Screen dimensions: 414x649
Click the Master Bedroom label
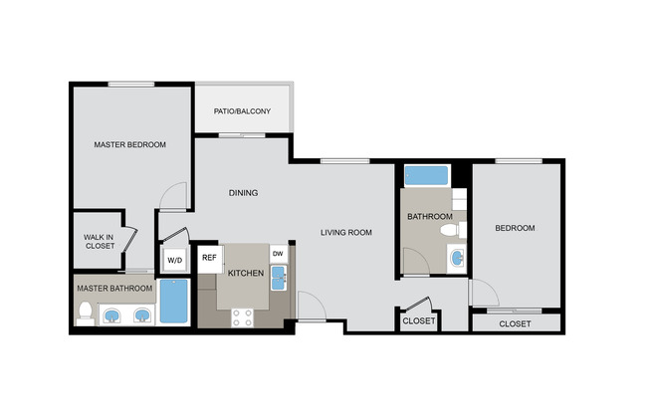129,144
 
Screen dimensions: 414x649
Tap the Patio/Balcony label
243,111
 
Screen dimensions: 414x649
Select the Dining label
244,193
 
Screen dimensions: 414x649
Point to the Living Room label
345,233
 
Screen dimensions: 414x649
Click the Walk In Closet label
99,240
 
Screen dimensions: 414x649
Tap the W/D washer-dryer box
174,260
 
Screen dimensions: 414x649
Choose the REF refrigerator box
209,258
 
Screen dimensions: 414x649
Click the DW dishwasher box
279,254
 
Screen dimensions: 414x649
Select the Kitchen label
245,272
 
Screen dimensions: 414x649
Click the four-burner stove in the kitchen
243,316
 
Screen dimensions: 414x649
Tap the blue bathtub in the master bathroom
174,302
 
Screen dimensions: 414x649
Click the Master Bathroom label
114,289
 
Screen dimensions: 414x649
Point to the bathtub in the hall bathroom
426,176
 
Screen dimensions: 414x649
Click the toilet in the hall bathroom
452,231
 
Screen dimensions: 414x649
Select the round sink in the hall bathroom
456,259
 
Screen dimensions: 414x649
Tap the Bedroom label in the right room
515,228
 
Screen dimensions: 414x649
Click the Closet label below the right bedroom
515,323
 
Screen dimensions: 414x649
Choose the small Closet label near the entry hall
418,320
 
